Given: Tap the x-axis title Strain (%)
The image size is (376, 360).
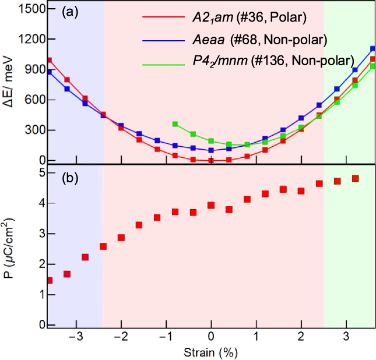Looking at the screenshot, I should click(212, 352).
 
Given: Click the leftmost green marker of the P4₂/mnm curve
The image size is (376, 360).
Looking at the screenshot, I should click(175, 124).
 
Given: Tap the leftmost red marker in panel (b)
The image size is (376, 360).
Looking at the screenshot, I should click(49, 280).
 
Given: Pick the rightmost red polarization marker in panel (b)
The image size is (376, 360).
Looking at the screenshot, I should click(355, 178).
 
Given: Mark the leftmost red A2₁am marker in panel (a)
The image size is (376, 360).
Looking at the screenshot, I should click(49, 60).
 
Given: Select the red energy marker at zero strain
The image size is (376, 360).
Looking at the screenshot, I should click(211, 160).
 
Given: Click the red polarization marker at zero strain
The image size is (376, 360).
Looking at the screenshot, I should click(211, 205).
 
